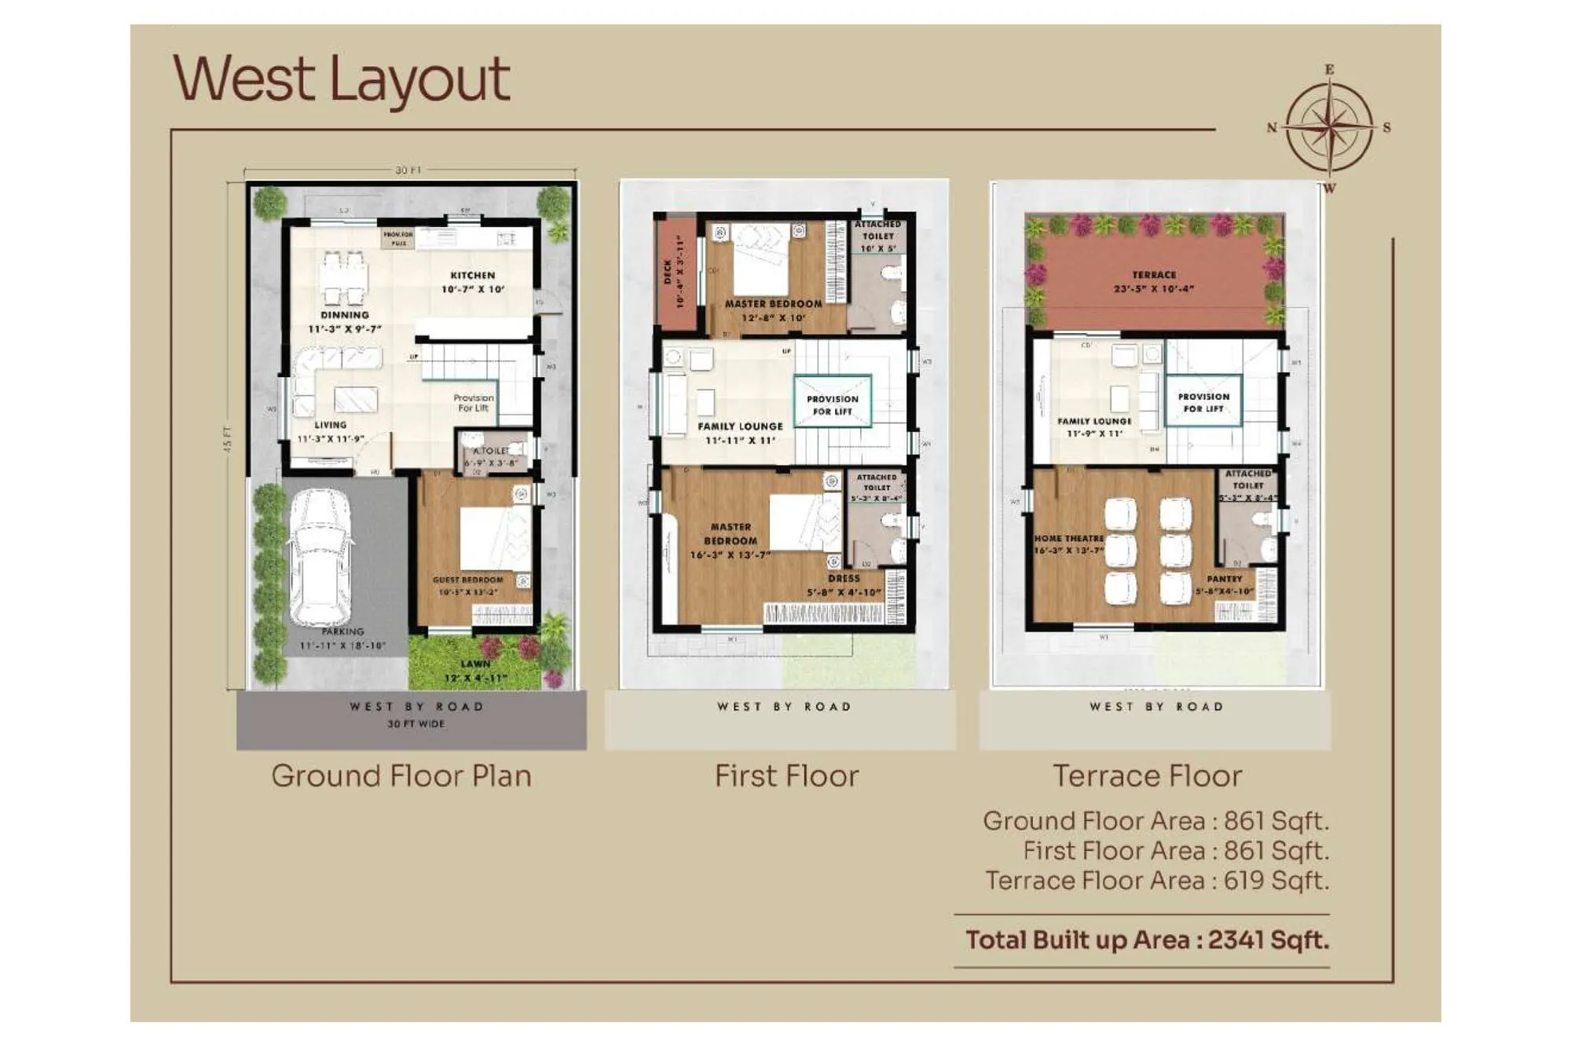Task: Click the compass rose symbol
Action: click(1329, 127)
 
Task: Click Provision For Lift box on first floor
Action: click(832, 404)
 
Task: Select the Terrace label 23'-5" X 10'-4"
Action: click(1154, 281)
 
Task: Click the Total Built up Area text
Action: click(1147, 940)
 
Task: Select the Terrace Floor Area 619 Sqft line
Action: click(1157, 880)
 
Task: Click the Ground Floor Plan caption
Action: click(401, 776)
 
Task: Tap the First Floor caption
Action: click(786, 776)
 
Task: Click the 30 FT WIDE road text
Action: click(416, 724)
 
